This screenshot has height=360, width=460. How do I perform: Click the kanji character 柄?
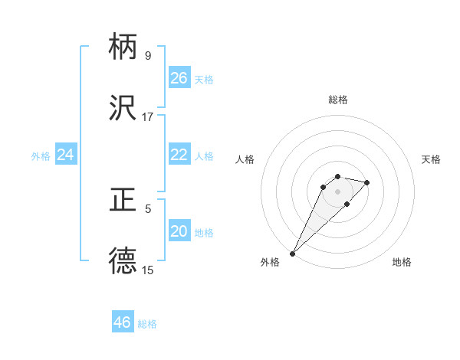tap(123, 47)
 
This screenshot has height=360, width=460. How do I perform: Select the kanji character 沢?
tap(123, 108)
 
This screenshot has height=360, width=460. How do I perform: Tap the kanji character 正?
tap(123, 201)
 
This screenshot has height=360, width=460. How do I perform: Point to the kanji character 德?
tap(123, 261)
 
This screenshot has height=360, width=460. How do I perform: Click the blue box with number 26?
tap(179, 78)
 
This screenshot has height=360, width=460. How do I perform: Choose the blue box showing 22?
tap(179, 155)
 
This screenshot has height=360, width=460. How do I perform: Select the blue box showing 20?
tap(179, 231)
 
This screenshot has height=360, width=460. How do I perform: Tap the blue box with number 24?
tap(66, 155)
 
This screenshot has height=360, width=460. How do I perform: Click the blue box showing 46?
tap(123, 322)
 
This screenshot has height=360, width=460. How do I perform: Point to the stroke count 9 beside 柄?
tap(147, 56)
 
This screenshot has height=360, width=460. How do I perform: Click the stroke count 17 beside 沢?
tap(147, 117)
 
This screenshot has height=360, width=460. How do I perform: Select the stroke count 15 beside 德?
tap(147, 270)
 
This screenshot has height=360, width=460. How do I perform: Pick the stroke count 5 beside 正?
tap(147, 208)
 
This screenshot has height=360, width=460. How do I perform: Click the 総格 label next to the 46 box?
tap(147, 324)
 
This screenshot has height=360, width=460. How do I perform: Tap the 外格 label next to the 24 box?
tap(41, 156)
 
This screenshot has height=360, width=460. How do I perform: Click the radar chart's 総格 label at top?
tap(337, 100)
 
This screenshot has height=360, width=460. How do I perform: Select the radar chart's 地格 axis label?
tap(402, 263)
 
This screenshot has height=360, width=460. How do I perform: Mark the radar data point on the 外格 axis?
tap(292, 253)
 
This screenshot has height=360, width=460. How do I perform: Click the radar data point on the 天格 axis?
tap(367, 182)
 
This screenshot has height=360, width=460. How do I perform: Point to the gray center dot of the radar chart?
tap(337, 191)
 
